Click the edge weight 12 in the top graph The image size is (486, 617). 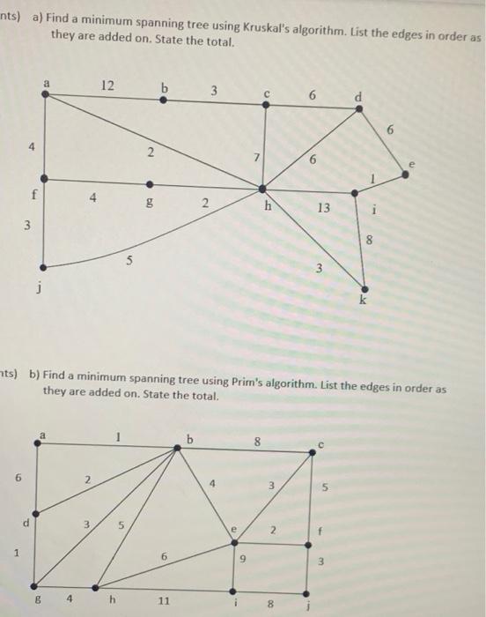tap(107, 85)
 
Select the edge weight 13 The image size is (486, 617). tap(324, 209)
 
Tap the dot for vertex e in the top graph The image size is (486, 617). tap(405, 175)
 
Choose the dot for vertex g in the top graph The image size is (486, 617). tap(148, 185)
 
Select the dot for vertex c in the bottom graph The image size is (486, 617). tap(312, 451)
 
